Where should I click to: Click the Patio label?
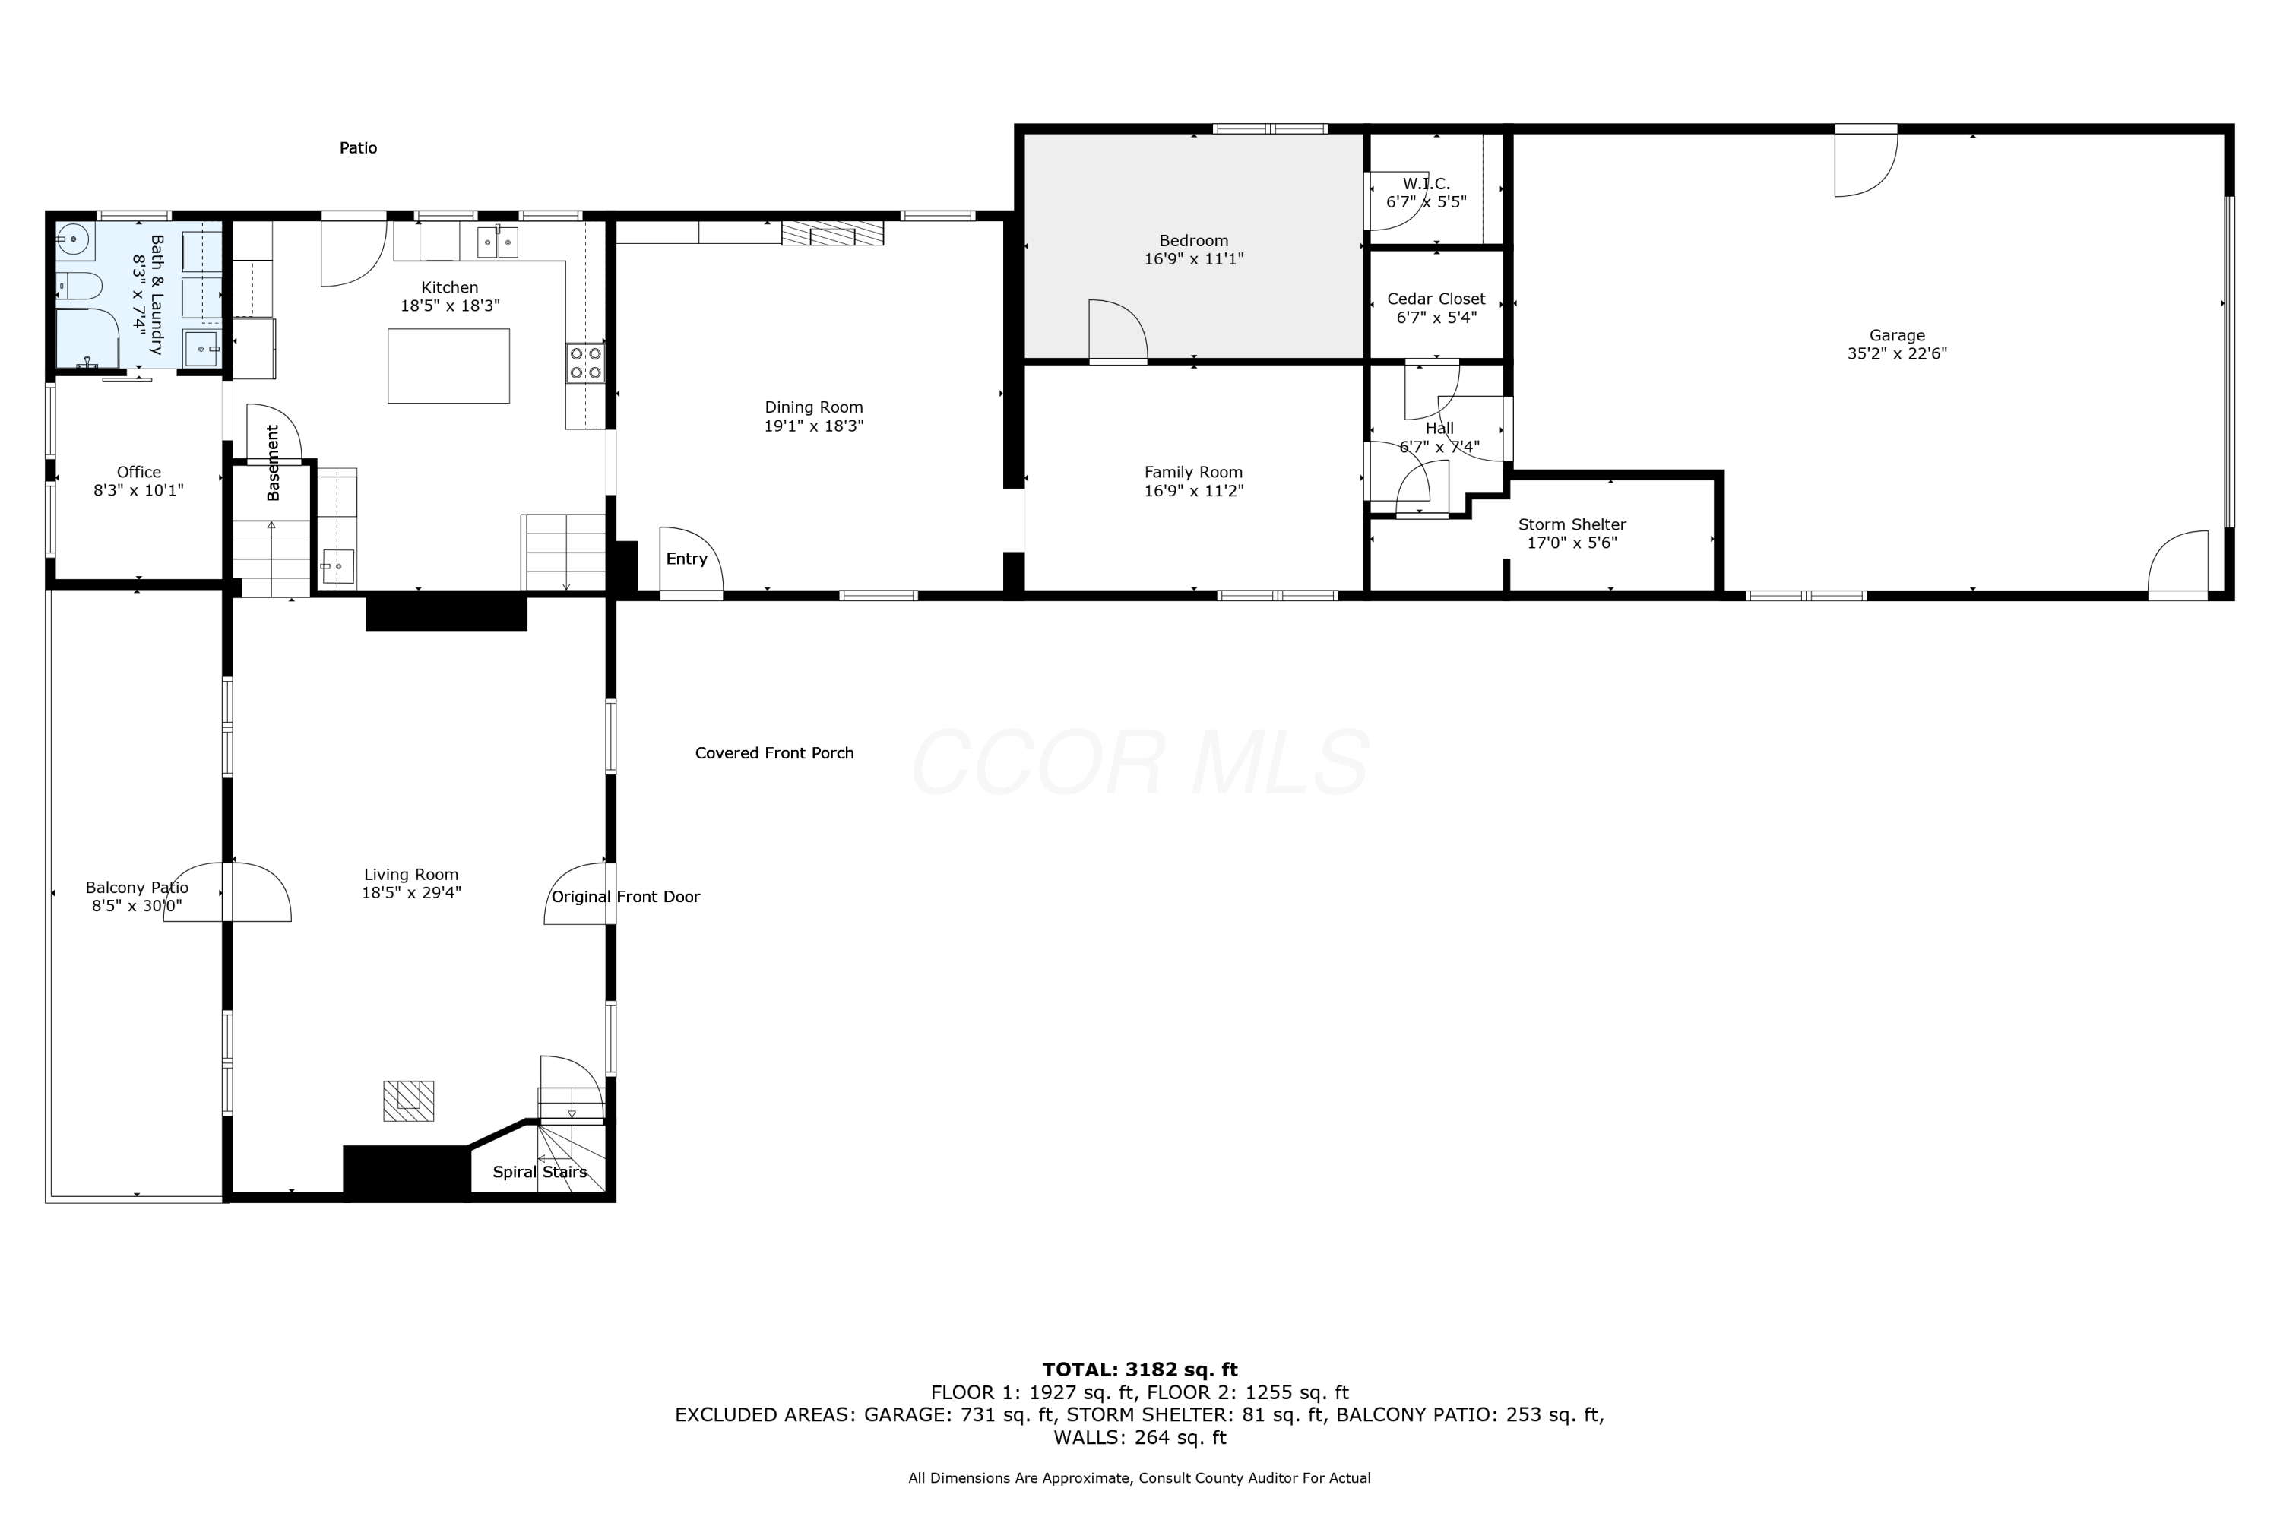tap(358, 147)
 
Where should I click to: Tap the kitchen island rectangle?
tap(449, 366)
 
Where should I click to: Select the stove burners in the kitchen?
tap(585, 363)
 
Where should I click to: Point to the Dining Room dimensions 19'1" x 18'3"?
tap(813, 426)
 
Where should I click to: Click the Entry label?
tap(686, 559)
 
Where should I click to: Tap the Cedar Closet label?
tap(1436, 299)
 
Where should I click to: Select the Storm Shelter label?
tap(1572, 524)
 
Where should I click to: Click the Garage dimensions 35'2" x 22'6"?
tap(1897, 354)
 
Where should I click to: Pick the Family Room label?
tap(1193, 472)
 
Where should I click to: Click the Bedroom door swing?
tap(1119, 330)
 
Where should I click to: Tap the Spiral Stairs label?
tap(539, 1172)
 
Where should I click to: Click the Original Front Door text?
tap(625, 897)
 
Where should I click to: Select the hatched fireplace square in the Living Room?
tap(408, 1100)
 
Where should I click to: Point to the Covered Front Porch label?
tap(774, 753)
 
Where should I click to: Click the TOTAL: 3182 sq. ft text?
tap(1140, 1370)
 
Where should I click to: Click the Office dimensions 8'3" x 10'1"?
tap(138, 490)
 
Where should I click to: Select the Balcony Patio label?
tap(137, 887)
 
